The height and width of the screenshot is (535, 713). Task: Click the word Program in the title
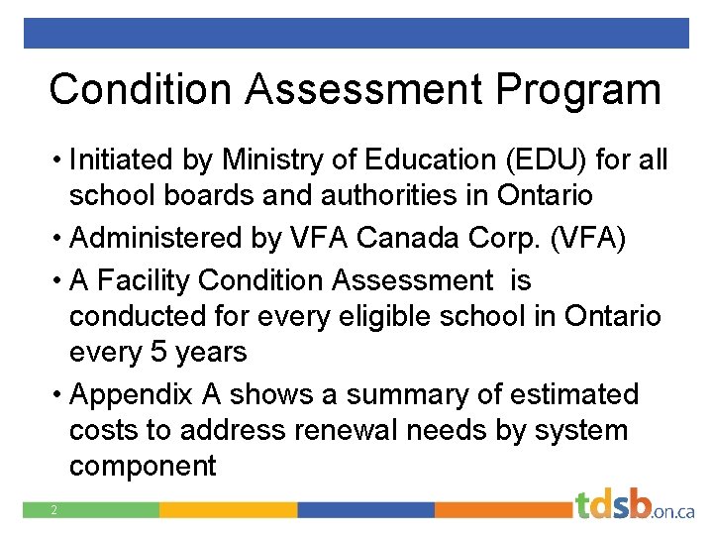coord(578,89)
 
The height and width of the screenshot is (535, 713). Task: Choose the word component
coord(143,466)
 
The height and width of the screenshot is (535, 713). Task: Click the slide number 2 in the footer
coord(55,510)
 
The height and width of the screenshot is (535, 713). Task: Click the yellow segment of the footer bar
coord(228,510)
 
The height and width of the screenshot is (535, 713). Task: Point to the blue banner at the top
coord(356,33)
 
